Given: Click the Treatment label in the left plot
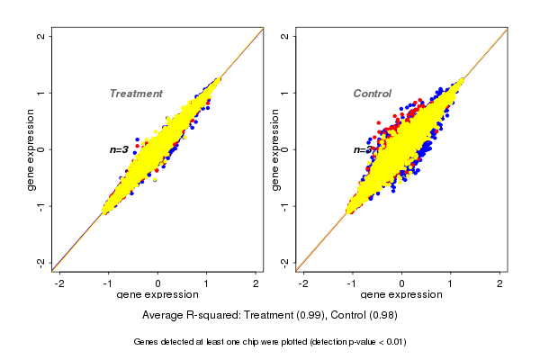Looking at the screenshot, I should [136, 94].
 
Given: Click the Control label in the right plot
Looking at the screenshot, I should [372, 94].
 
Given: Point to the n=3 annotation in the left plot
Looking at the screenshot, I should [119, 149].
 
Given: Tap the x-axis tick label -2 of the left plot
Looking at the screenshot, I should [58, 283].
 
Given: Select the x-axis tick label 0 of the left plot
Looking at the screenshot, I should [158, 283].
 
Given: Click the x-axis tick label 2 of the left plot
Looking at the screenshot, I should [256, 283].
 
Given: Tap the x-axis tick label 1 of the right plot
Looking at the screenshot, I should [452, 283].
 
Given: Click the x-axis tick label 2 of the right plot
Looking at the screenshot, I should [500, 283].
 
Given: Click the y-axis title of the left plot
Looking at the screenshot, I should [31, 149].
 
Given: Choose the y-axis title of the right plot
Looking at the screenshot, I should [274, 149].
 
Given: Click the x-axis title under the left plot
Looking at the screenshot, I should [158, 295].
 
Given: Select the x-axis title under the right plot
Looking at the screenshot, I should [401, 295].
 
